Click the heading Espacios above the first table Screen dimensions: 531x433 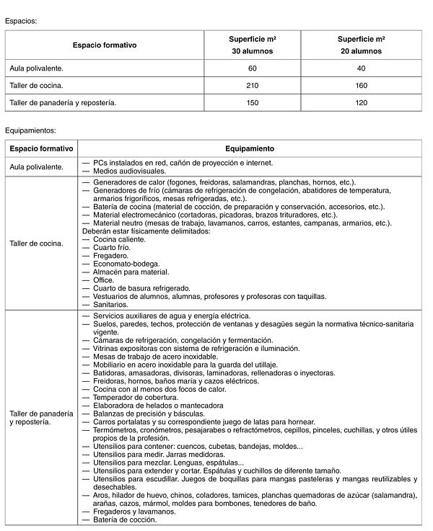[x=20, y=21]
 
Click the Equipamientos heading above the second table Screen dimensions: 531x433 [x=30, y=131]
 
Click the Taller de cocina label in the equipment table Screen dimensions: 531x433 [x=36, y=243]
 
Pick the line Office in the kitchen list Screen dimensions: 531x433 [x=105, y=280]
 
